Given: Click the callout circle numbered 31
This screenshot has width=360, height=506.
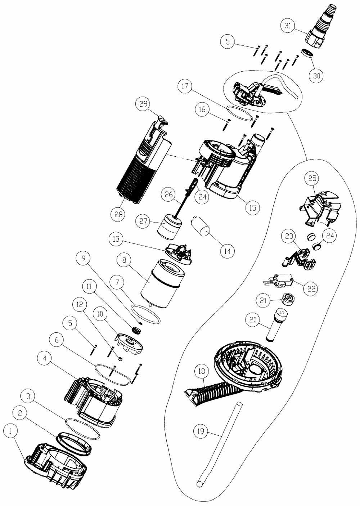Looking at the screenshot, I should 288,26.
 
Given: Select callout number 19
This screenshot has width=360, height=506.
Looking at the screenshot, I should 202,431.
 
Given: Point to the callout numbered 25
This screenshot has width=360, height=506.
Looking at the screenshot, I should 312,178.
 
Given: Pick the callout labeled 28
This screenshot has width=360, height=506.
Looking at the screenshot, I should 118,214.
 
